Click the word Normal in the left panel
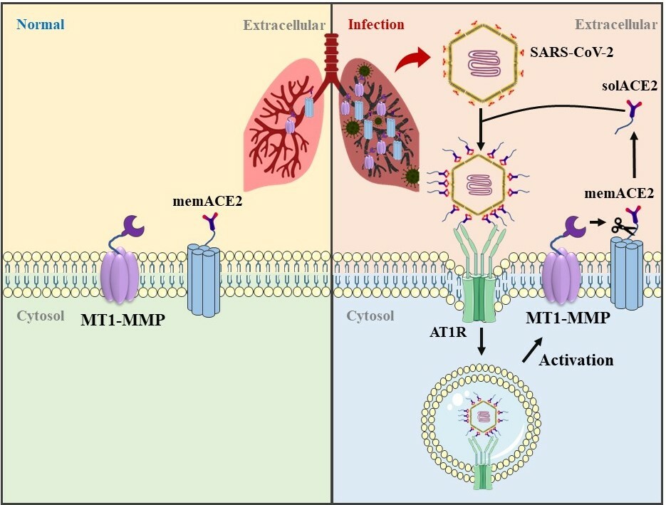pyautogui.click(x=41, y=25)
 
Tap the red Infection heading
pyautogui.click(x=375, y=25)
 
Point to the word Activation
pyautogui.click(x=576, y=360)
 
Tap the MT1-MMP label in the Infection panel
pyautogui.click(x=567, y=318)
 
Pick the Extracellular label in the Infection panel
pyautogui.click(x=615, y=25)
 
